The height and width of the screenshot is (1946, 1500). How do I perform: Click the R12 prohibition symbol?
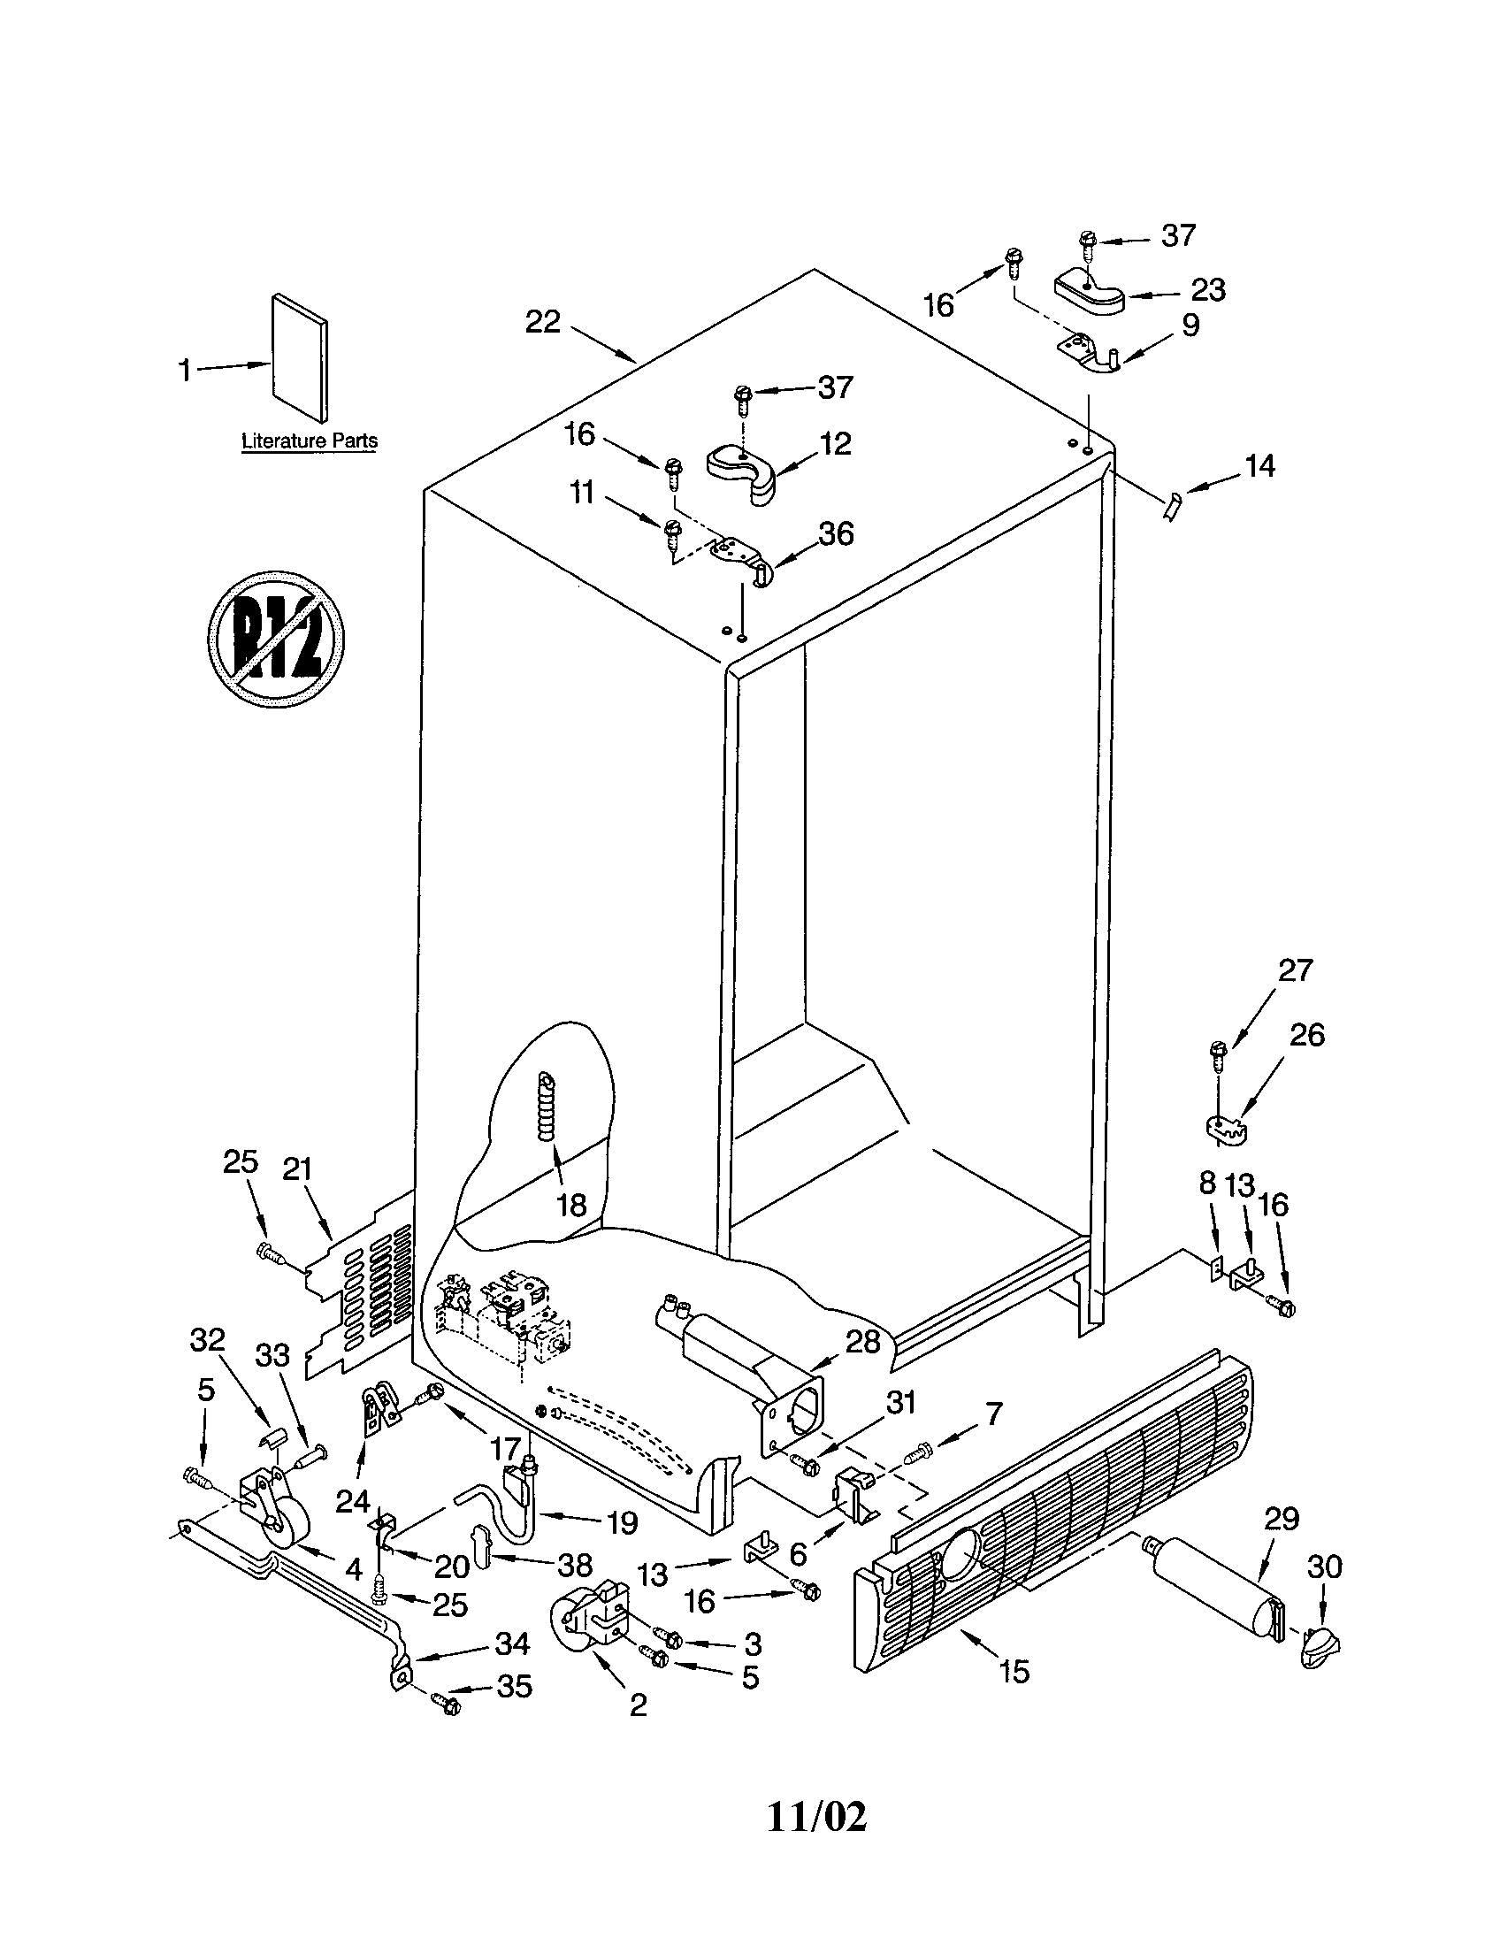(276, 639)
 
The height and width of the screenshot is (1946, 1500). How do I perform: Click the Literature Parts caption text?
(309, 441)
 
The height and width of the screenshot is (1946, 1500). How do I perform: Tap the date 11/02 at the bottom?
(816, 1817)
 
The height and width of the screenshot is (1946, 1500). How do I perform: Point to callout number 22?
(542, 322)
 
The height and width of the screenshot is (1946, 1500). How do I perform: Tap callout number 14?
(1259, 465)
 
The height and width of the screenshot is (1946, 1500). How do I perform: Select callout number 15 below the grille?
(1014, 1671)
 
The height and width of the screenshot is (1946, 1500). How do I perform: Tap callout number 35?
(514, 1686)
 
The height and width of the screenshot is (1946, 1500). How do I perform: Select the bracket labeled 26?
(1225, 1127)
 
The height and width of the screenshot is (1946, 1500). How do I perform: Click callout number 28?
(862, 1341)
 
